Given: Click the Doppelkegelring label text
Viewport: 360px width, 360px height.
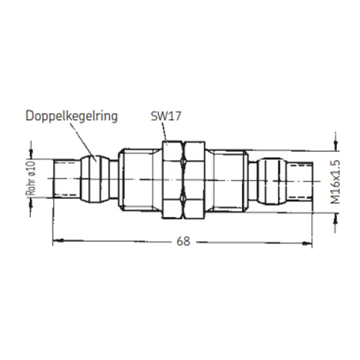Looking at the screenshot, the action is (71, 117).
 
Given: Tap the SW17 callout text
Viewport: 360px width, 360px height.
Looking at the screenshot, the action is (166, 116).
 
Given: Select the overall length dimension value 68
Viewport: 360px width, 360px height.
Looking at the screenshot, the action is (184, 241).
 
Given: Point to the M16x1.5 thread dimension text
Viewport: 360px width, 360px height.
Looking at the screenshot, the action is (336, 182).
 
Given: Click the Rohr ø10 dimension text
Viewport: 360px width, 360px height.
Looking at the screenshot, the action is (31, 179).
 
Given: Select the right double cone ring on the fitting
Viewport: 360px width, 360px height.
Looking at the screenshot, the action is (271, 181).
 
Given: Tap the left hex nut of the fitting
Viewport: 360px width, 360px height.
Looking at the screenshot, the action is (172, 180).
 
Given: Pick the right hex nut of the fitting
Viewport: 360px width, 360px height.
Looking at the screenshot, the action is (194, 180).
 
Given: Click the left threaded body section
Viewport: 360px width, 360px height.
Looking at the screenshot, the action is (139, 180).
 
